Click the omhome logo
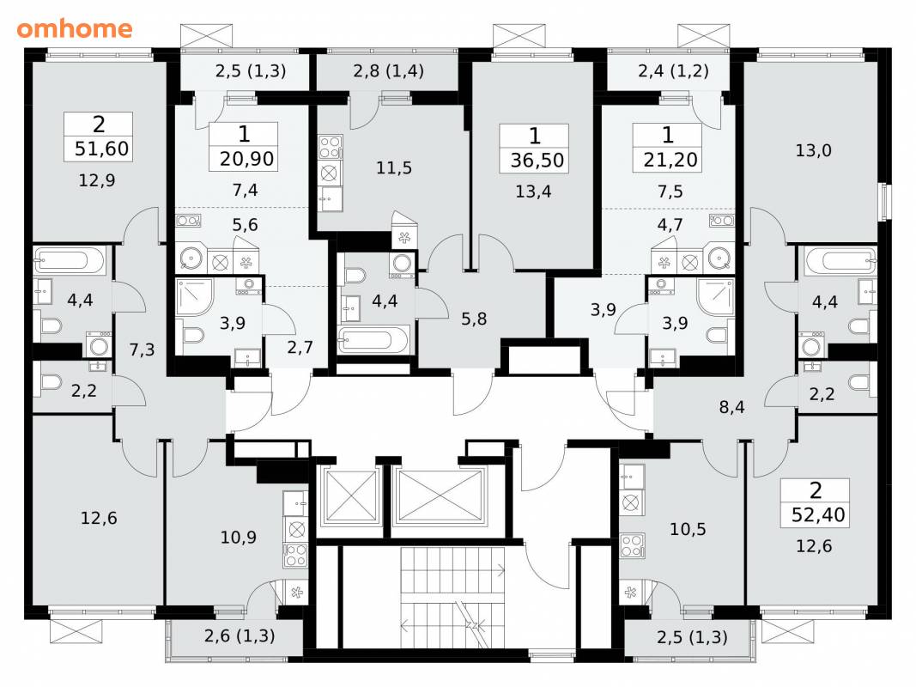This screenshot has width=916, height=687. (x=75, y=28)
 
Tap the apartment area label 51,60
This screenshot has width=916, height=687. (x=101, y=149)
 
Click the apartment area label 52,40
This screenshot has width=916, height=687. (x=818, y=514)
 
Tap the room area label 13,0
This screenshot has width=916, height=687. (x=813, y=151)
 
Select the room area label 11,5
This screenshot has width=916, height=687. (x=394, y=168)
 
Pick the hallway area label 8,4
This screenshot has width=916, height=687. (x=731, y=407)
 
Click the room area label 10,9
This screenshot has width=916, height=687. (x=239, y=537)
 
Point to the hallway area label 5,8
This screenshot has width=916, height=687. (x=474, y=319)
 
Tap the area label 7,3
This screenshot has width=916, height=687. (x=142, y=350)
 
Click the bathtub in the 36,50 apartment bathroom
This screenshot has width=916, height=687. (x=374, y=340)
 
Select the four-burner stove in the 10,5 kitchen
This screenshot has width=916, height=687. (x=632, y=545)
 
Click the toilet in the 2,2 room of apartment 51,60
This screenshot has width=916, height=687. (x=52, y=383)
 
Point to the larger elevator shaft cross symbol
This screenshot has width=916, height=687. (x=440, y=495)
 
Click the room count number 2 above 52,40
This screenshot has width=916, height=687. (x=816, y=489)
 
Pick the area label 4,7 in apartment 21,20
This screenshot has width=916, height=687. (x=670, y=225)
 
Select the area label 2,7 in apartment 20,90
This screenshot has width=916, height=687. (x=300, y=348)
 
